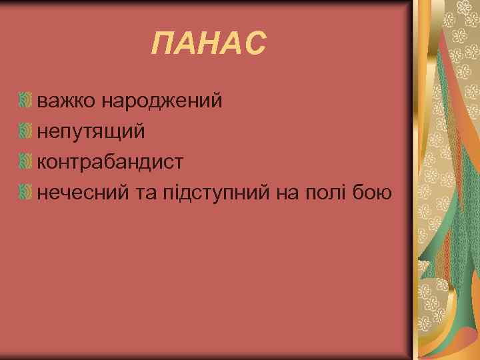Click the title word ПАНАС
(x=208, y=45)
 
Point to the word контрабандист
(x=111, y=162)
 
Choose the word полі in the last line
(x=327, y=193)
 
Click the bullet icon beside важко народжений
(x=26, y=101)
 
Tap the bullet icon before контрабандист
(x=26, y=162)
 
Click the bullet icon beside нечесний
(x=26, y=193)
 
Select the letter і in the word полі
(x=344, y=193)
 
